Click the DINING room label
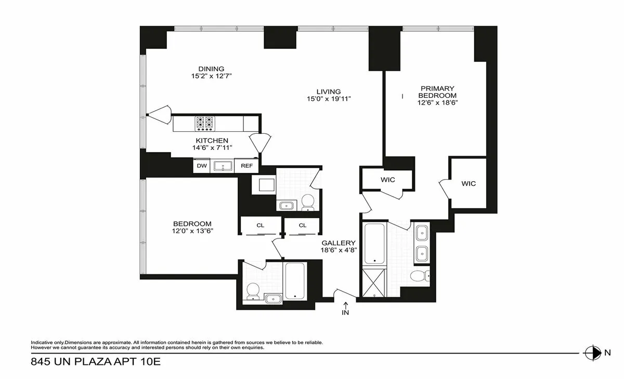coord(211,69)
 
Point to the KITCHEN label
coord(212,141)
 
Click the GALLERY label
coord(338,243)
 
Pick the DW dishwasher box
coord(201,166)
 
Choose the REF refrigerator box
coord(246,166)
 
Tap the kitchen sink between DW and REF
coord(224,166)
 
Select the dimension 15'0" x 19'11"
coord(330,99)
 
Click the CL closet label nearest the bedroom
coord(260,225)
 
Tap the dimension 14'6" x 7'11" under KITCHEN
coord(212,148)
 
